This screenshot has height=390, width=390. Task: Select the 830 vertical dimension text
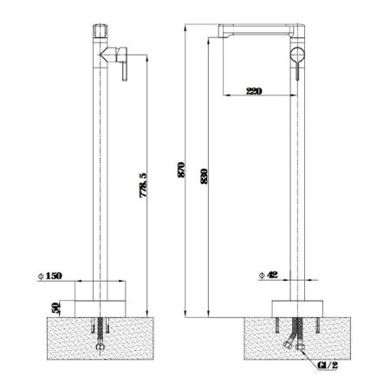click(205, 180)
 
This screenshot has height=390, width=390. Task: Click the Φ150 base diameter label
click(53, 277)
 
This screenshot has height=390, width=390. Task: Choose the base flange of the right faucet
click(297, 306)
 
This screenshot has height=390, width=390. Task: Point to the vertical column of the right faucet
click(297, 173)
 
